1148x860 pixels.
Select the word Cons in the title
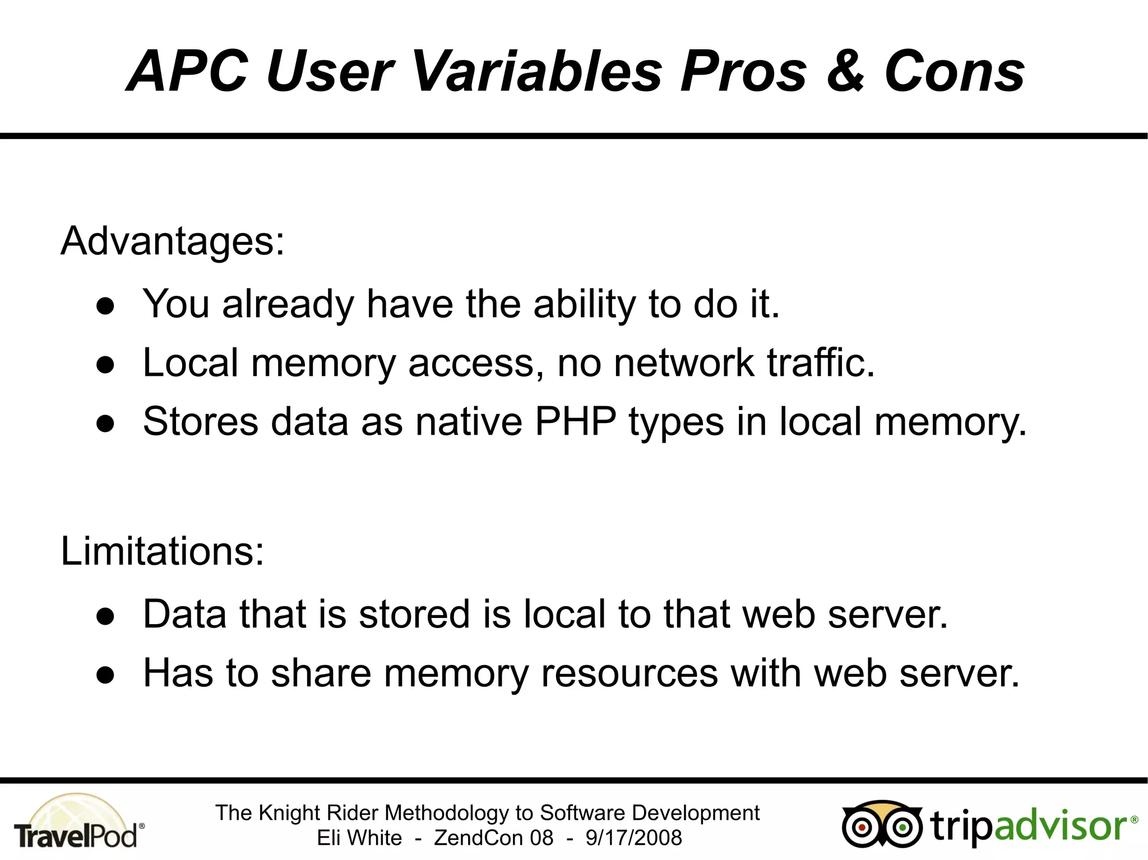tap(955, 72)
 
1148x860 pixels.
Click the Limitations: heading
tap(162, 551)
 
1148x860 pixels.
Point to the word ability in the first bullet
tap(585, 304)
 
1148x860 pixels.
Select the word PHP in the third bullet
tap(576, 421)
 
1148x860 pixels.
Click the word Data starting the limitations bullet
tap(185, 614)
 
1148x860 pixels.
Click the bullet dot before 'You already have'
tap(105, 306)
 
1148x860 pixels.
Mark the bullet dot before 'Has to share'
tap(105, 675)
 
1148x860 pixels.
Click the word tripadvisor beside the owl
tap(1031, 826)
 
